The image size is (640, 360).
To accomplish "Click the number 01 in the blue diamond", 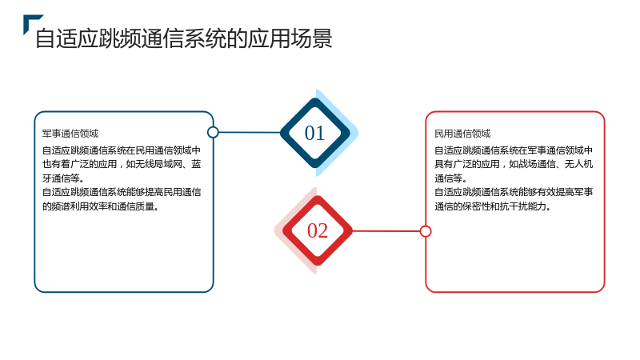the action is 314,133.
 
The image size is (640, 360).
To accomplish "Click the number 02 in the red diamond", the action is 318,230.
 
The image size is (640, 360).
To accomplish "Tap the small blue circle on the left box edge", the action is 213,132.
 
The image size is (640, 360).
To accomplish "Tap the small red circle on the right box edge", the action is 426,231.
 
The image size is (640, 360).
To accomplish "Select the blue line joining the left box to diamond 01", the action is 250,132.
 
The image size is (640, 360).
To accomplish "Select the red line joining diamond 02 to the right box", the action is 386,231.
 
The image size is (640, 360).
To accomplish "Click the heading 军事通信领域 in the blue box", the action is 70,134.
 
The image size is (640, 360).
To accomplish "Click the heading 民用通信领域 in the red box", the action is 462,134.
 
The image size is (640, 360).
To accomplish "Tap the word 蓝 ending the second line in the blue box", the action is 196,164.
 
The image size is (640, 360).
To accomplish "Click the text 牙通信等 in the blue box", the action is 61,178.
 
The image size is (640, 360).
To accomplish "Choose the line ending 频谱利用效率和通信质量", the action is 101,206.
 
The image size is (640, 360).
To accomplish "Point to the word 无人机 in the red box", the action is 578,164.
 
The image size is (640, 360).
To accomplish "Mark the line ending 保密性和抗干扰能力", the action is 493,206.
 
